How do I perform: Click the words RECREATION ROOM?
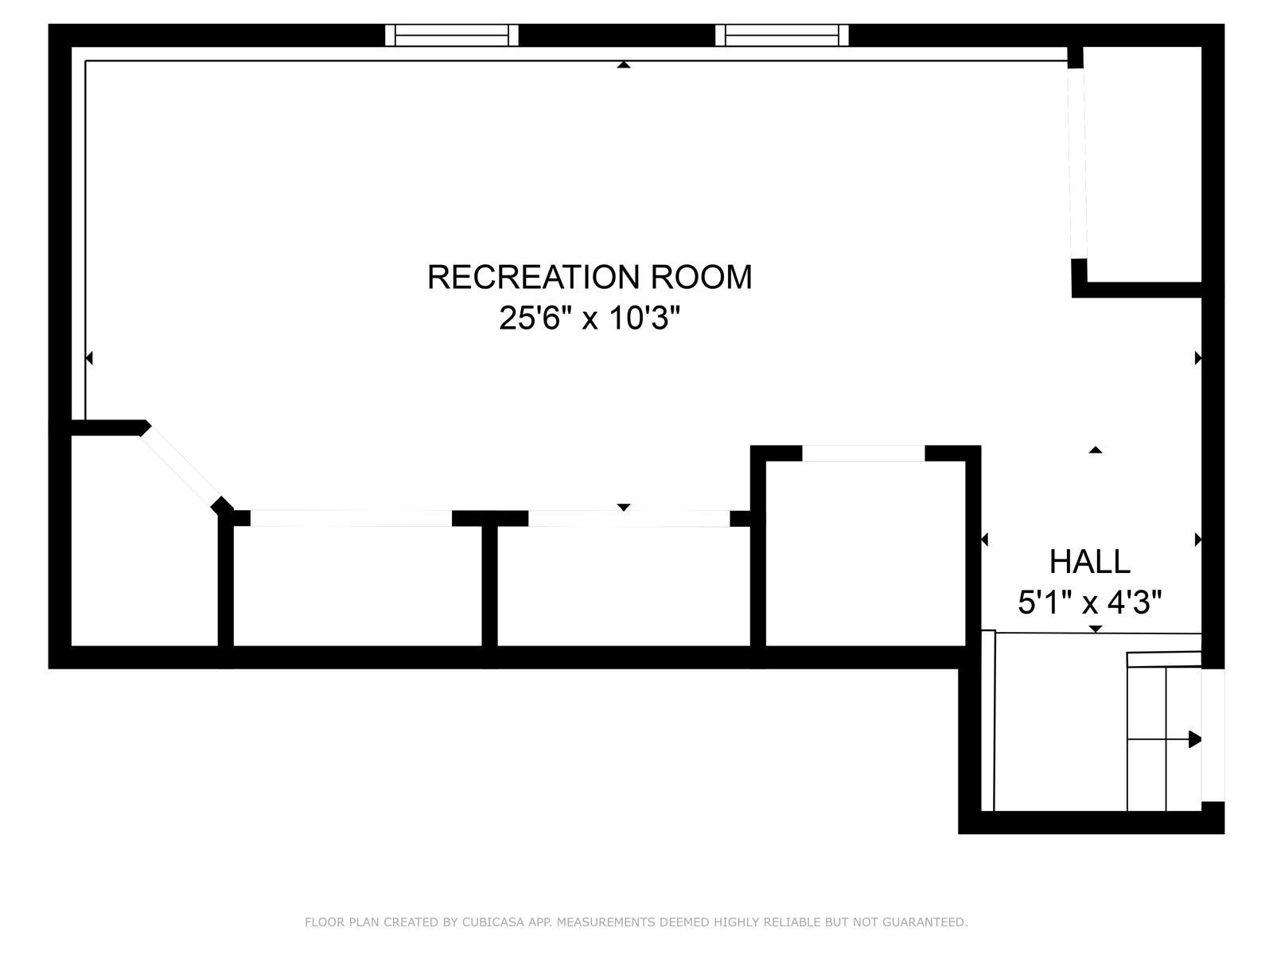pos(590,277)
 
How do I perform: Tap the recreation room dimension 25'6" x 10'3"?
pos(590,318)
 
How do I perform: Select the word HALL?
pos(1090,561)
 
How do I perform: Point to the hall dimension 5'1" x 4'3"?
pos(1090,602)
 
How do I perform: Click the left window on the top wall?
pos(451,35)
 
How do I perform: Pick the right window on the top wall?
pos(782,35)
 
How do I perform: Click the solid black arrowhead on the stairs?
pos(1195,739)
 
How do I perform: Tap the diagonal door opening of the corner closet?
pos(181,467)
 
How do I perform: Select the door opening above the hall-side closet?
pos(863,453)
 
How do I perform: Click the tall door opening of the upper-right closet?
pos(1077,163)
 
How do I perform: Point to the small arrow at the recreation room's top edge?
pos(624,64)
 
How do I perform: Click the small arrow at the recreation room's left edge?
pos(89,358)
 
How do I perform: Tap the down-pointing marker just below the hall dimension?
pos(1095,629)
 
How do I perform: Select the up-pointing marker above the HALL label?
pos(1095,450)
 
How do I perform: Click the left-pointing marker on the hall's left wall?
pos(984,540)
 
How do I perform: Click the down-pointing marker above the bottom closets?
pos(624,508)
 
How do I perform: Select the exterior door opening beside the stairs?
pos(1213,735)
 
